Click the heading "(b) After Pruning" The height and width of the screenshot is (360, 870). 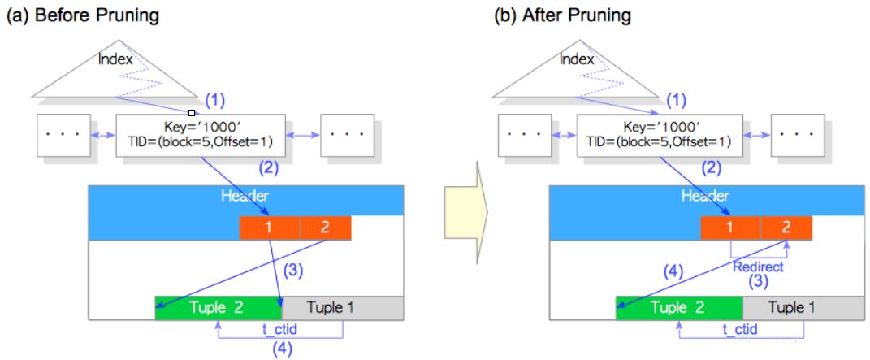tap(562, 16)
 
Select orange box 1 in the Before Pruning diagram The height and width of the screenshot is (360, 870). tap(269, 228)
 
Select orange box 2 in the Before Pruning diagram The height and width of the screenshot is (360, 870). tap(325, 228)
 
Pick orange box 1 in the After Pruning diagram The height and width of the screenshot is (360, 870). tap(730, 228)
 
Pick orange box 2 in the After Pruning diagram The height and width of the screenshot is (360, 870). tap(786, 228)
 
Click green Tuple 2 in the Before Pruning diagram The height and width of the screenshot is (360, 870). tap(218, 307)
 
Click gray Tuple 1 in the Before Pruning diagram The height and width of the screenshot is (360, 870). tap(342, 307)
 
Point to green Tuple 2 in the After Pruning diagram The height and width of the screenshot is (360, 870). tap(679, 307)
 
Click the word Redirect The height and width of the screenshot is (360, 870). tap(758, 267)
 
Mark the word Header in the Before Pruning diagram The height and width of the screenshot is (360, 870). tap(245, 196)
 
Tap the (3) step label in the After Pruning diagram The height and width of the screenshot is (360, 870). tap(758, 282)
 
